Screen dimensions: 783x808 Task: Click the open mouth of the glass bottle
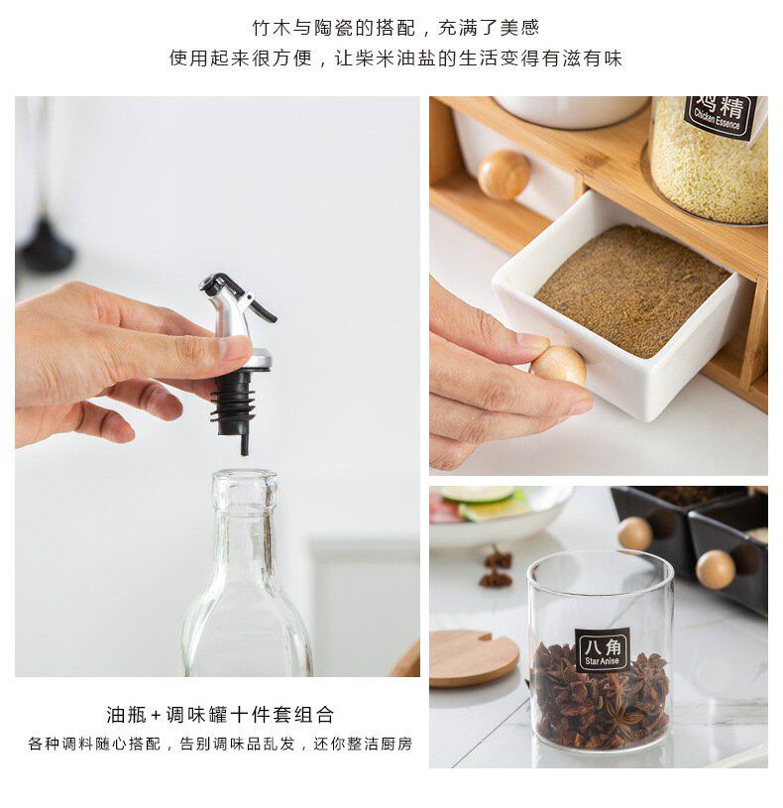pos(245,476)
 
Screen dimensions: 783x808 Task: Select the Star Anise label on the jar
pos(603,649)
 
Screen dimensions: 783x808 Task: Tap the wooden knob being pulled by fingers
pos(559,366)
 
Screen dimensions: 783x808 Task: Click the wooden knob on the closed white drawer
pos(503,174)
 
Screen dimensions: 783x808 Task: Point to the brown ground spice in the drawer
pos(632,289)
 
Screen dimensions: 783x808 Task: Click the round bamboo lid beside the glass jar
pos(473,658)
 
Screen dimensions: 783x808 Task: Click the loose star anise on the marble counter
pos(497,567)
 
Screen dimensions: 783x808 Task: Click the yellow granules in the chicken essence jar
pos(710,165)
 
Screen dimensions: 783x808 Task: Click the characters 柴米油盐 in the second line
pos(395,58)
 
